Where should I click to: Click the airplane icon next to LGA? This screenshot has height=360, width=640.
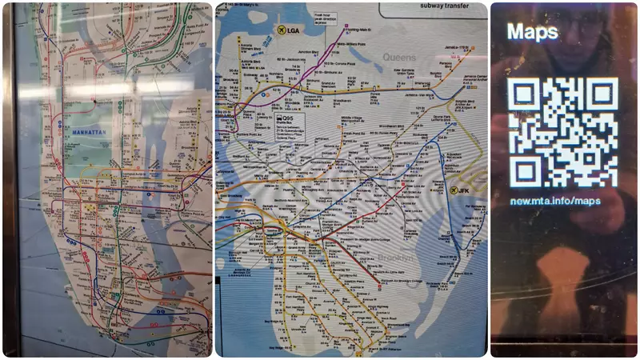281,30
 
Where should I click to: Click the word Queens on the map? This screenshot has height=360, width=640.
400,58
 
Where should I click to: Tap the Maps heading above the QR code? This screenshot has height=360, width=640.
533,31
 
